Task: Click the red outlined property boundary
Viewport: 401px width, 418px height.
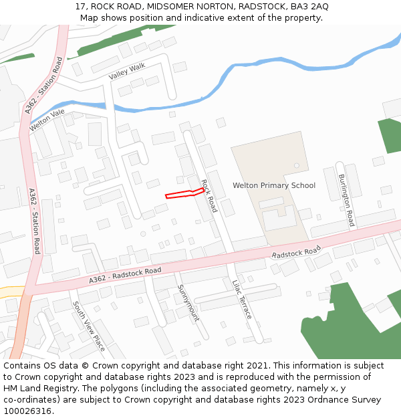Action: tap(184, 194)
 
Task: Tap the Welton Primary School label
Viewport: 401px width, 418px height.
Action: tap(273, 185)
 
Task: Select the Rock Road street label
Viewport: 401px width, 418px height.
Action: tap(209, 196)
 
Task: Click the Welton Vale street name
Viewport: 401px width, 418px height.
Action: tap(47, 119)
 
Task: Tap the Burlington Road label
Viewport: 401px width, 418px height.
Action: tap(346, 200)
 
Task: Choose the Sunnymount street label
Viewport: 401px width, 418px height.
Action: tap(188, 302)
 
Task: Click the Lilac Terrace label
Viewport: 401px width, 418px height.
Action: tap(242, 299)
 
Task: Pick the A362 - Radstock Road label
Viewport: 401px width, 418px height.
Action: tap(125, 275)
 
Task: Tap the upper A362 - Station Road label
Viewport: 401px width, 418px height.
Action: tap(43, 86)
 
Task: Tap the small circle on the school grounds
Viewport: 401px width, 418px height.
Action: tap(297, 165)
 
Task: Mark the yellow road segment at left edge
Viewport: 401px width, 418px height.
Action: tap(11, 292)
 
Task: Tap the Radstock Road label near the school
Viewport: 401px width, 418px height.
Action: tap(296, 252)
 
